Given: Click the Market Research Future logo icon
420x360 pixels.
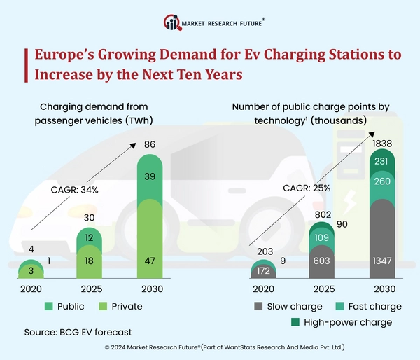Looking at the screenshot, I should point(172,22).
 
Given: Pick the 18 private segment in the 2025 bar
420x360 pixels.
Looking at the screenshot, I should point(89,260).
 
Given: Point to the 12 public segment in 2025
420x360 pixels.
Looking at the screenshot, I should point(89,238).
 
